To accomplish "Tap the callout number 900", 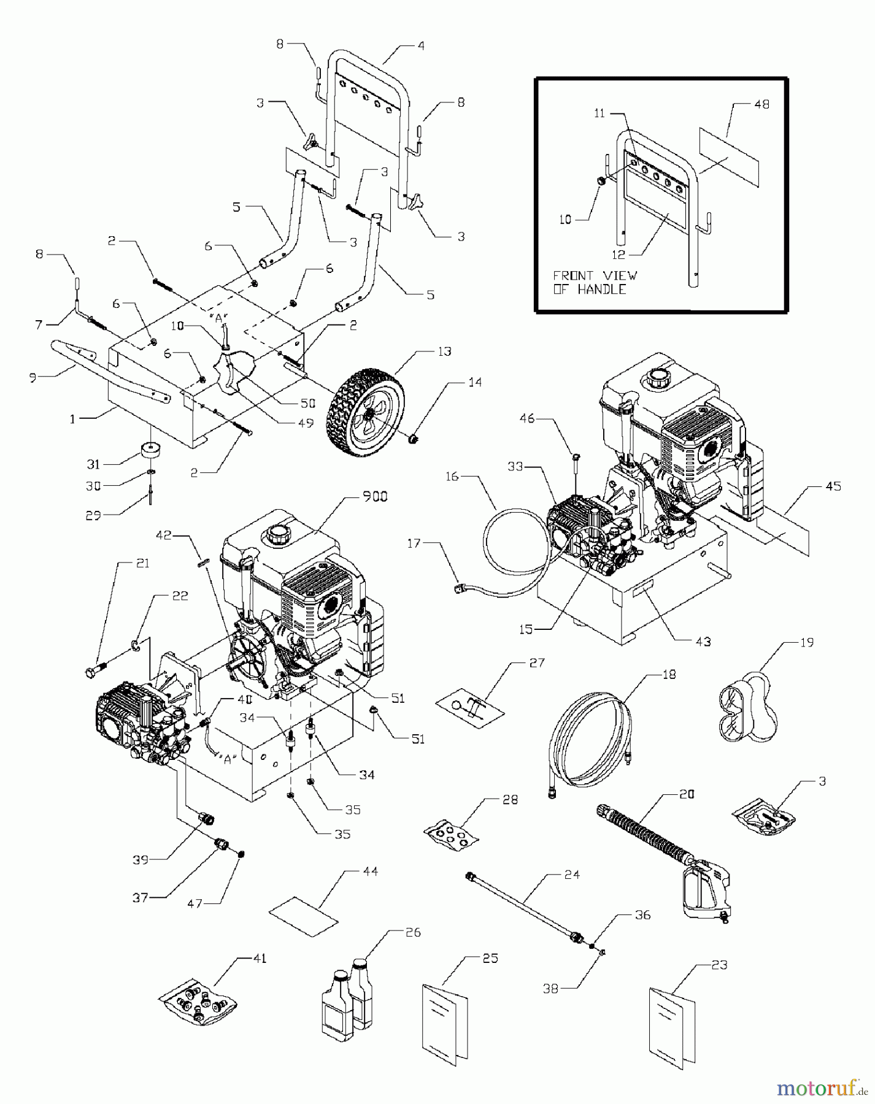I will click(x=374, y=497).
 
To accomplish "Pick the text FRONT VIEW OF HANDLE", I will click(x=595, y=282).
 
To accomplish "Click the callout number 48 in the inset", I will click(x=761, y=104).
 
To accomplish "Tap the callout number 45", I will click(x=833, y=486).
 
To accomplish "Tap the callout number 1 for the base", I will click(x=74, y=419).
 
